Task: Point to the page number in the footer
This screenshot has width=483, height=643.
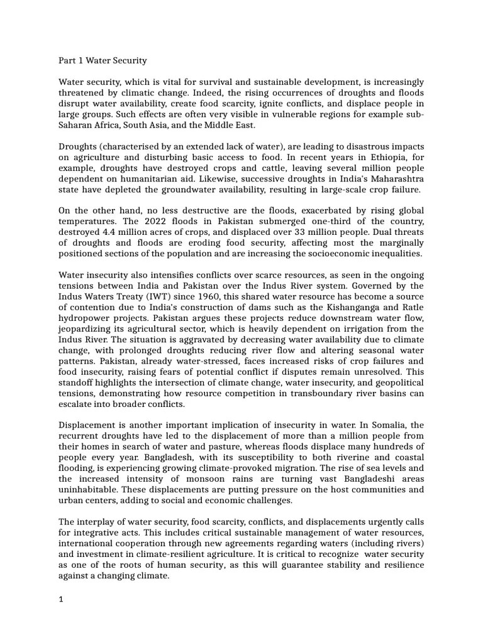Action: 61,600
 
